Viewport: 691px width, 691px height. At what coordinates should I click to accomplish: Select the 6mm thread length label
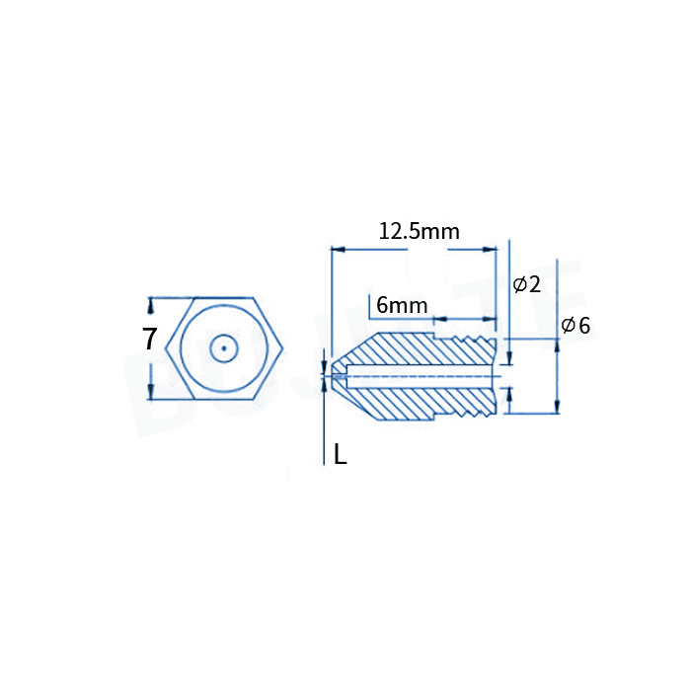tap(402, 305)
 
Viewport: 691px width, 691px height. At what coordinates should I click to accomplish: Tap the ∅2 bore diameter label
tap(527, 285)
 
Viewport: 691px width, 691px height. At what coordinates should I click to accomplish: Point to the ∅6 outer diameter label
tap(576, 325)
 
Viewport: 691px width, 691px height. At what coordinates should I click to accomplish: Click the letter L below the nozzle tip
tap(340, 455)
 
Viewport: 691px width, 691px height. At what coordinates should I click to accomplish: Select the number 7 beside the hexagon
tap(149, 340)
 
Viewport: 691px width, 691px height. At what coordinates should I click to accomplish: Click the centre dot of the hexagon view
tap(225, 348)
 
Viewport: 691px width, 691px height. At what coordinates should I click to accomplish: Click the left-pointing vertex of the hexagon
tap(167, 348)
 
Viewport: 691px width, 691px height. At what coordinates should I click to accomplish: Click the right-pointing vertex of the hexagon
tap(284, 348)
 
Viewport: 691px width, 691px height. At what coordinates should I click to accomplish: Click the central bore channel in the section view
tap(424, 374)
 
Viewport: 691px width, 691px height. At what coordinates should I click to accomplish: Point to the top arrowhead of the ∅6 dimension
tap(558, 343)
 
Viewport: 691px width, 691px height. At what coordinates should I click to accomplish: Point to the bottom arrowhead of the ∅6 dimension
tap(558, 406)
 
